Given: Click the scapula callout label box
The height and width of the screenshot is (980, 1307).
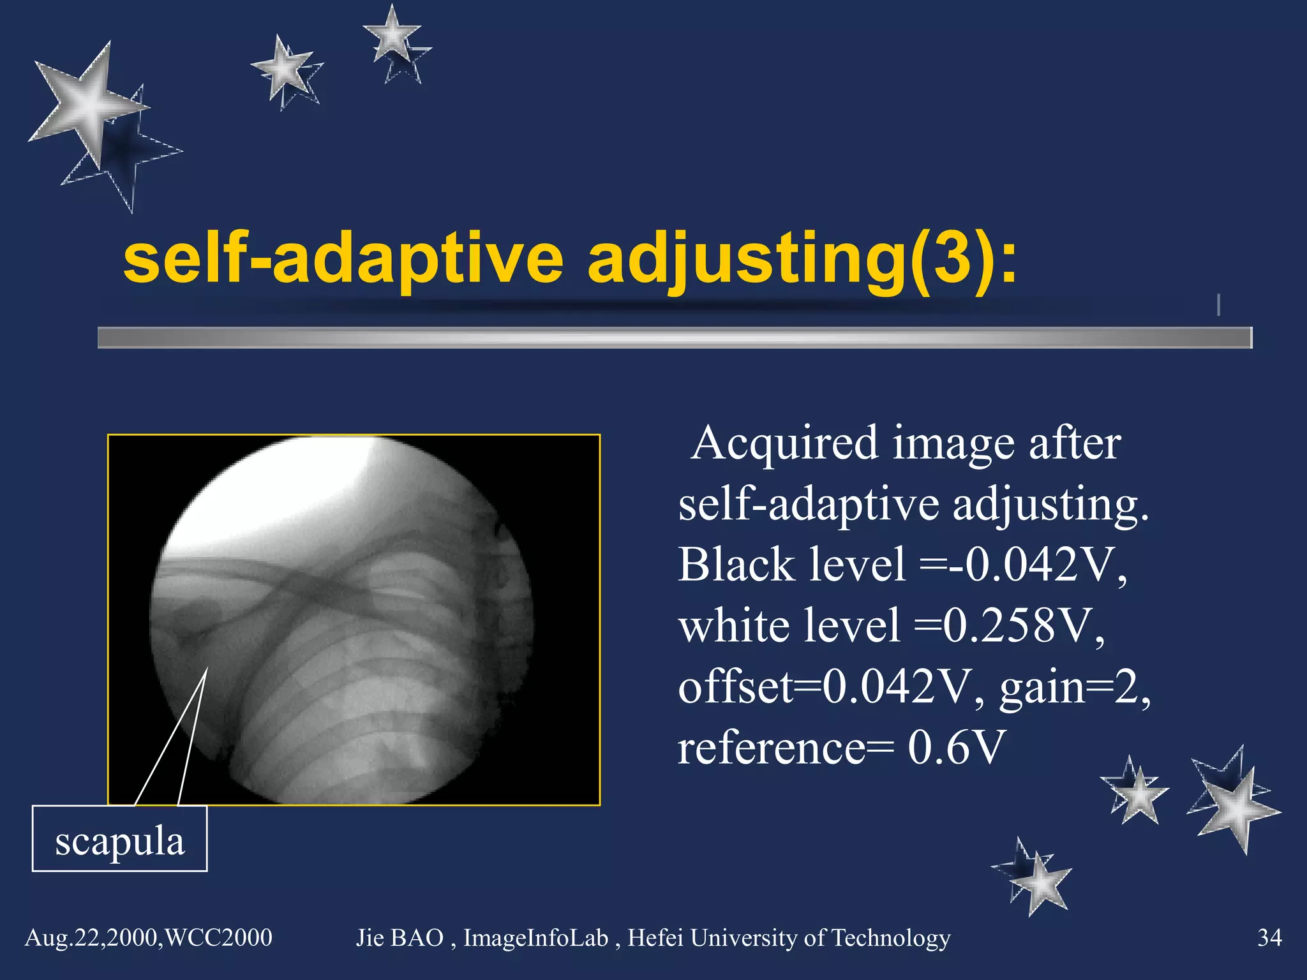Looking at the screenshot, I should point(119,838).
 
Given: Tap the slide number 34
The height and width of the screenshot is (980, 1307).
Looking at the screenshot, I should point(1269,937).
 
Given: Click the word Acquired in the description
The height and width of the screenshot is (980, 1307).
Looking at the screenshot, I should point(785,443).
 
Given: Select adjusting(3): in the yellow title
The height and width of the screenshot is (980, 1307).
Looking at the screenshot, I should point(802,260).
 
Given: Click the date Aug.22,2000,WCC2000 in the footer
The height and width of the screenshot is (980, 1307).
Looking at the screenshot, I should point(148,937).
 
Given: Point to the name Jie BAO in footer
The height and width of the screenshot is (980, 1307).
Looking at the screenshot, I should point(400,937).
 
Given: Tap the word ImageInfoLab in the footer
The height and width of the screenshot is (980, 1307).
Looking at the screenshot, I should point(535,937).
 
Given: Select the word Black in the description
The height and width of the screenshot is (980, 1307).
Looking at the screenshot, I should point(727,564).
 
